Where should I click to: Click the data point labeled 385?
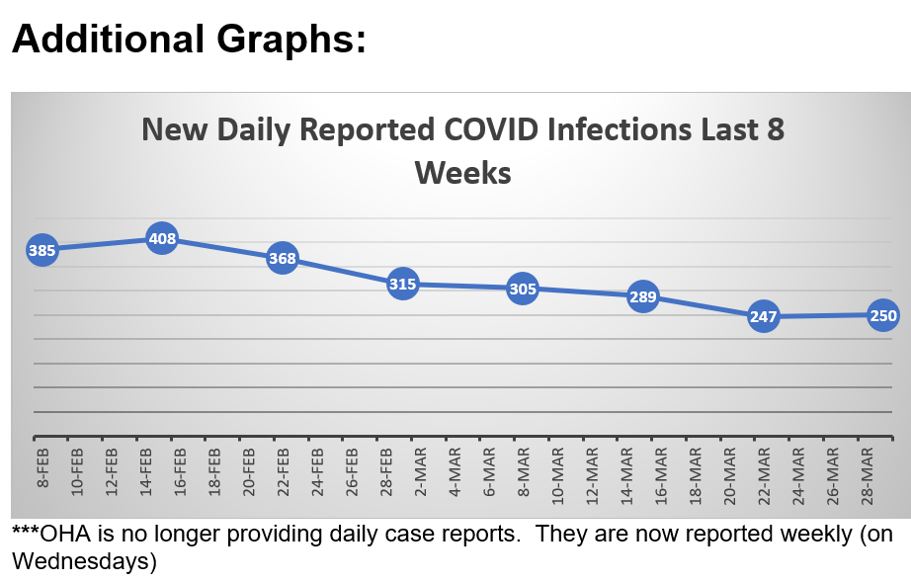click(41, 251)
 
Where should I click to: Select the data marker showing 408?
click(162, 238)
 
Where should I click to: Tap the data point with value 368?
click(283, 259)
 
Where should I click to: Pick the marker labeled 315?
click(402, 285)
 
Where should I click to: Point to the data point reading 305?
click(523, 290)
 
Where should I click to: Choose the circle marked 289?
click(643, 296)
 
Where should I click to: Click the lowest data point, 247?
click(763, 317)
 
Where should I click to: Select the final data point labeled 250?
click(882, 316)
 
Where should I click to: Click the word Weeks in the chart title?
click(462, 174)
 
